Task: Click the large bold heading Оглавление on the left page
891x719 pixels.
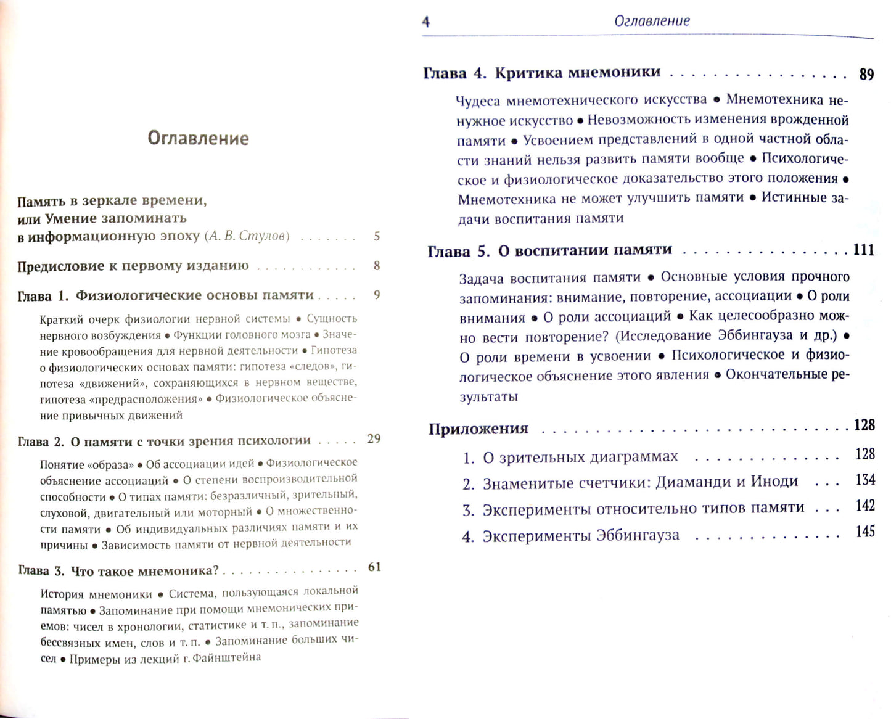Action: [x=198, y=138]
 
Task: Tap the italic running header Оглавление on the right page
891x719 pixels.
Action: [x=652, y=21]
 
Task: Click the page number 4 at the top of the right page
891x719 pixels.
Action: [x=425, y=22]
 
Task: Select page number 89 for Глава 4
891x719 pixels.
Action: [x=866, y=75]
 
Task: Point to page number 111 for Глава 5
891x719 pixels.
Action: [x=863, y=250]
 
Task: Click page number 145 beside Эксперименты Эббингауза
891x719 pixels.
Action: [x=865, y=532]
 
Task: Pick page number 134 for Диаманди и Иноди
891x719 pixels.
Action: [x=865, y=480]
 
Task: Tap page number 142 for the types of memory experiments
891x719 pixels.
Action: [x=865, y=506]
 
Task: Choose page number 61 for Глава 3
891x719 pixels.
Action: [x=374, y=567]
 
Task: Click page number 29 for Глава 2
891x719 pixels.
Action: [x=374, y=439]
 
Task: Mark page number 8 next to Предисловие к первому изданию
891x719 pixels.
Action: [x=377, y=266]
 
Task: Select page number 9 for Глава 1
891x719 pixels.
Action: [x=377, y=295]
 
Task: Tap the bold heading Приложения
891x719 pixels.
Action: [x=478, y=429]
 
